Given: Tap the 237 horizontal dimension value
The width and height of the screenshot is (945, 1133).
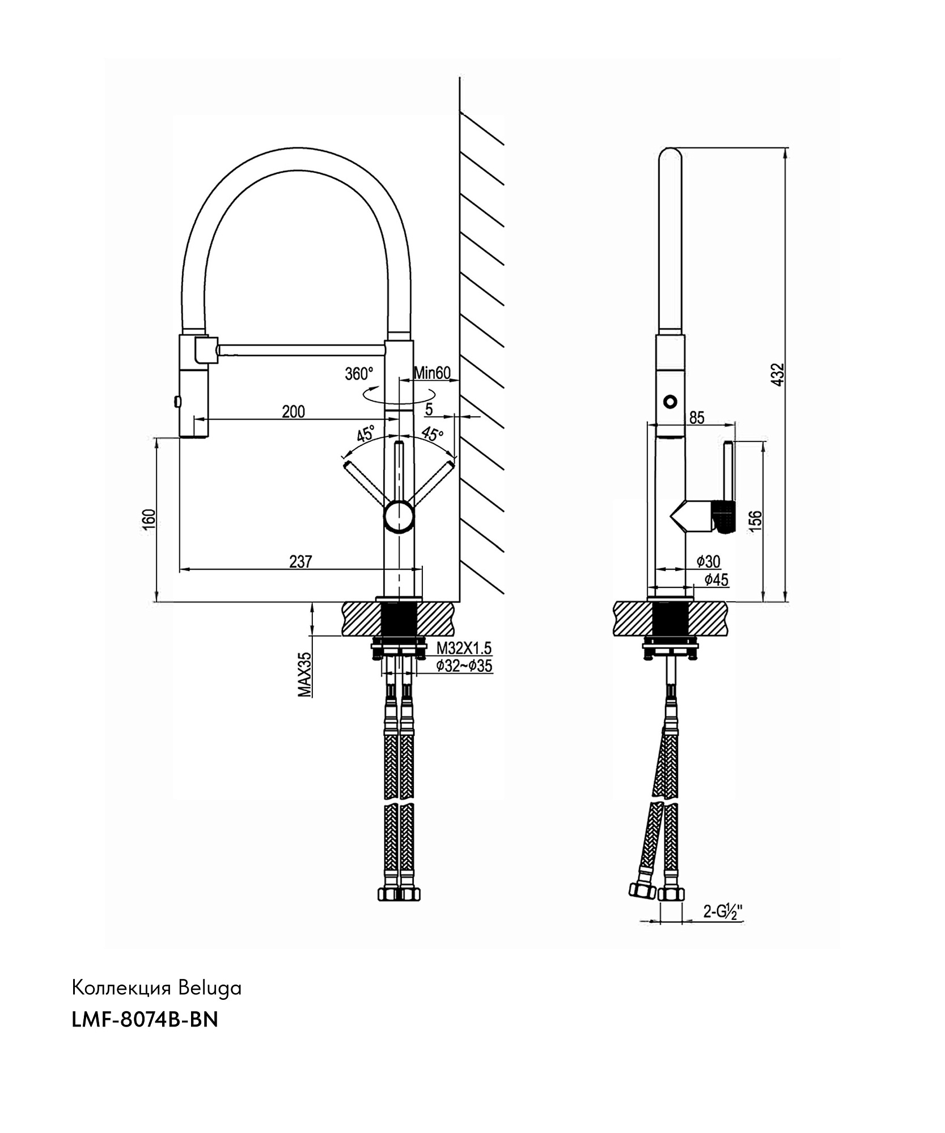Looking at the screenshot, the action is pos(300,561).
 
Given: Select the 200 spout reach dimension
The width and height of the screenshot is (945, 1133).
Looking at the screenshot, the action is pos(294,411).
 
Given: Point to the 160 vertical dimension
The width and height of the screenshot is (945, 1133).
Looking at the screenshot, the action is pos(149,519).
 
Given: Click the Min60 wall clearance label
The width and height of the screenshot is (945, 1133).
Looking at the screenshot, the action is pos(431,373).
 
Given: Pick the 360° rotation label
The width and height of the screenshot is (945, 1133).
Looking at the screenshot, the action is pos(359,374).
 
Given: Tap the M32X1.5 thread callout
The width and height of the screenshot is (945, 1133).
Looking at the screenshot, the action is pos(464,648).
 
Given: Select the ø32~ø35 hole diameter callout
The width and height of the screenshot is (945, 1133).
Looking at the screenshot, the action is pos(464,666).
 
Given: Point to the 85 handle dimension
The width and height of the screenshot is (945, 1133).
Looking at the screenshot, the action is pos(697,418).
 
